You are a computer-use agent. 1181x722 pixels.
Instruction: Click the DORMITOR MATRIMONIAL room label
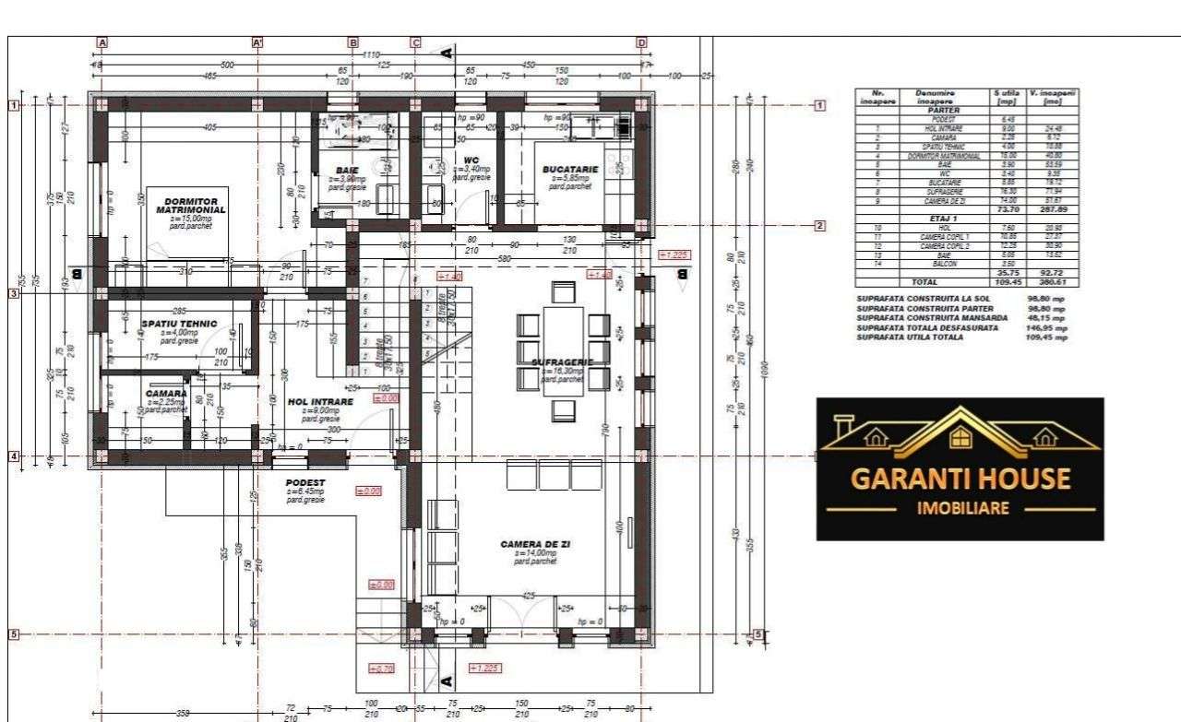click(x=191, y=206)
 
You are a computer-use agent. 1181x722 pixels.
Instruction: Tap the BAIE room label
click(x=347, y=171)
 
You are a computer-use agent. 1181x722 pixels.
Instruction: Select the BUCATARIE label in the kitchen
click(x=570, y=170)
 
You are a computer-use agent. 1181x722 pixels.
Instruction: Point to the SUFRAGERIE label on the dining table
click(x=562, y=362)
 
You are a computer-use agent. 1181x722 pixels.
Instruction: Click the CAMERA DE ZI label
click(x=535, y=545)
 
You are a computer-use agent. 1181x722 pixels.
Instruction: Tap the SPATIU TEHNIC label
click(x=179, y=324)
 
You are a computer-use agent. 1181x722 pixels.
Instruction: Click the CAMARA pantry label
click(x=166, y=394)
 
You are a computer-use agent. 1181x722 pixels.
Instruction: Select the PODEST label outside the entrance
click(x=305, y=482)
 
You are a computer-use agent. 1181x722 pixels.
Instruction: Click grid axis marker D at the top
click(x=641, y=42)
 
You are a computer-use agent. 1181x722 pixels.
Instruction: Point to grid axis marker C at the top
click(x=415, y=42)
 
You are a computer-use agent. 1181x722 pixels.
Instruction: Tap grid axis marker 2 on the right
click(x=818, y=225)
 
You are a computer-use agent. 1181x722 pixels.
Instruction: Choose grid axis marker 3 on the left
click(x=14, y=293)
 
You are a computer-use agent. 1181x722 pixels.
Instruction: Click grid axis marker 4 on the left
click(x=14, y=456)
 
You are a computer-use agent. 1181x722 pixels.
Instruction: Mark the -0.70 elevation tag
click(x=381, y=668)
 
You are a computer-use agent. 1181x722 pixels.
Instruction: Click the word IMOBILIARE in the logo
click(x=960, y=508)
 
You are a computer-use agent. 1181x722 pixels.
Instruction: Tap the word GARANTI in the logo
click(x=911, y=479)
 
